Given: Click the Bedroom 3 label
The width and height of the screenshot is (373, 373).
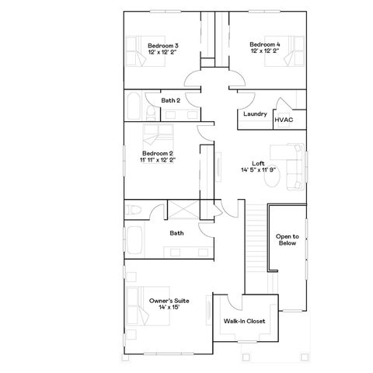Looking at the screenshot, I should (x=163, y=49).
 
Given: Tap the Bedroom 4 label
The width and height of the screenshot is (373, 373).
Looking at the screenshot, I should (x=265, y=49).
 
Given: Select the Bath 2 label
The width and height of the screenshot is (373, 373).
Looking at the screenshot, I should (x=171, y=100).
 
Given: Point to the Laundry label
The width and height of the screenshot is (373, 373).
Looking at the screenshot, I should (x=255, y=114).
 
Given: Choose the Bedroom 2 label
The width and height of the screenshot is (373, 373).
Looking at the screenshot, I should (x=157, y=157).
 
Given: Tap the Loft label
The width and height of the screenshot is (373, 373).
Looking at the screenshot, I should (x=258, y=166).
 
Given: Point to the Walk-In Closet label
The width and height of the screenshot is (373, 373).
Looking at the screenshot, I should (x=245, y=320).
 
